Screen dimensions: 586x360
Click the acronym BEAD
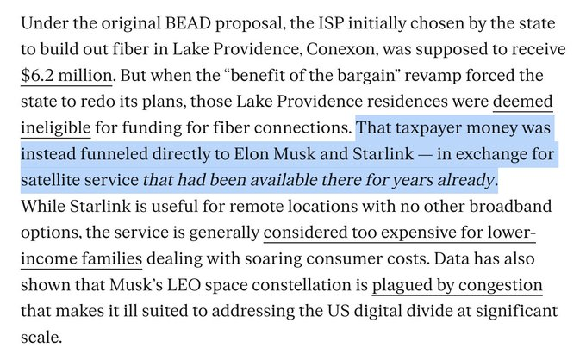coord(188,23)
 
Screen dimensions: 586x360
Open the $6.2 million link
coord(66,76)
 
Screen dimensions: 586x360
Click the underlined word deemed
coord(522,102)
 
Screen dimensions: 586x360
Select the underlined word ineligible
coord(56,128)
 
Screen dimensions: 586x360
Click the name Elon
coord(251,154)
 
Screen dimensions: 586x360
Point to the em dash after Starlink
coord(425,155)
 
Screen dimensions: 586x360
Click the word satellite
coord(50,180)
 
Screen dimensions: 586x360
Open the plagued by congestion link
coord(457,286)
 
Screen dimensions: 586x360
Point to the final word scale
coord(41,338)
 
